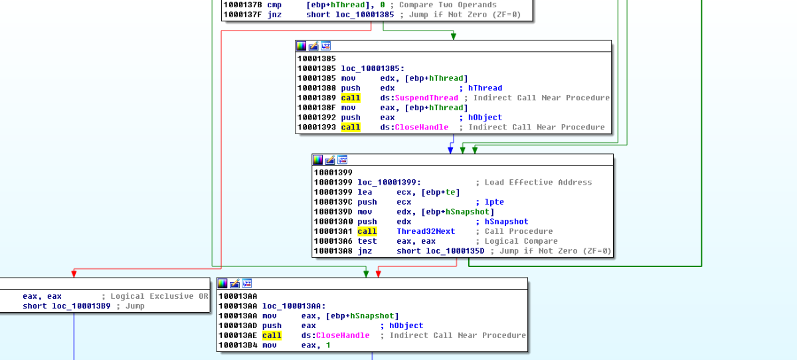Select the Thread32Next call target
tap(426, 231)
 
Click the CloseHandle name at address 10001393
tap(421, 127)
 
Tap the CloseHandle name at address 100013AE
tap(342, 335)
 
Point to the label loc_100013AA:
tap(294, 306)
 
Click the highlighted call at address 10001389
tap(351, 98)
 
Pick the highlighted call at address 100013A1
tap(367, 231)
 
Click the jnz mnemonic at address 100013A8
tap(365, 251)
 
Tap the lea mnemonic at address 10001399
tap(365, 192)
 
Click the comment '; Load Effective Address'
tap(533, 182)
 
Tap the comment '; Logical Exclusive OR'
tap(155, 296)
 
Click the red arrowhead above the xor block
tap(74, 273)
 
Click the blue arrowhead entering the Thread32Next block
tap(450, 150)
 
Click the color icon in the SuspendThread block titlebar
tap(302, 46)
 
